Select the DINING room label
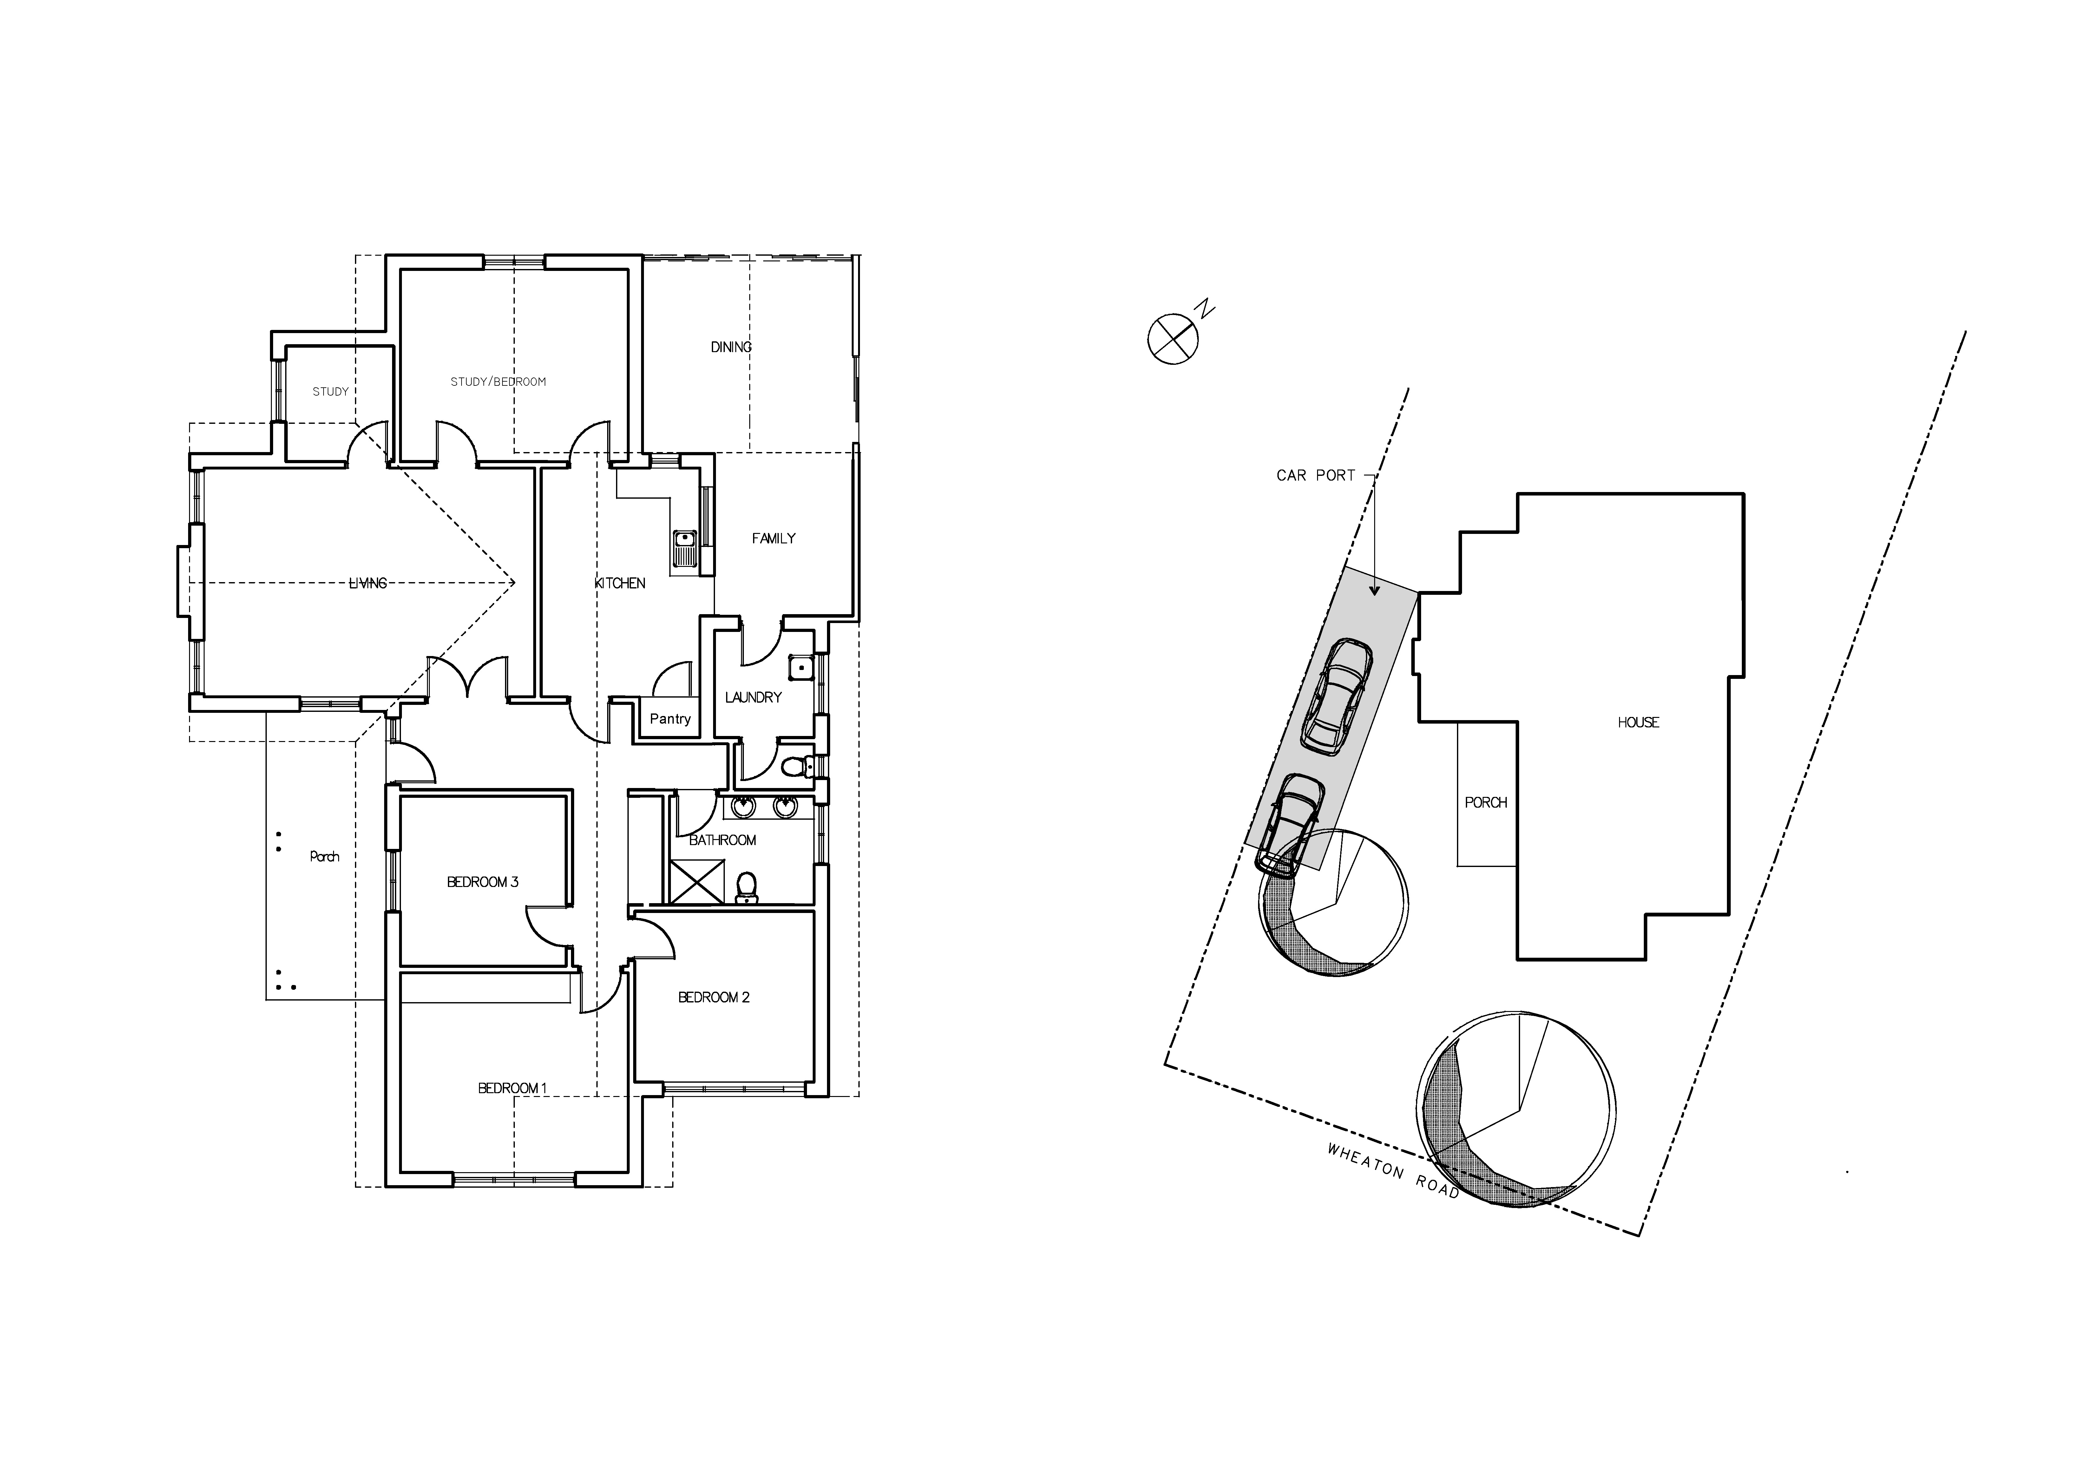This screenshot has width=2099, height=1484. (x=731, y=347)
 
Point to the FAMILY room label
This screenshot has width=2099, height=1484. (x=773, y=539)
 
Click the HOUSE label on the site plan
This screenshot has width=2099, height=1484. (x=1638, y=722)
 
